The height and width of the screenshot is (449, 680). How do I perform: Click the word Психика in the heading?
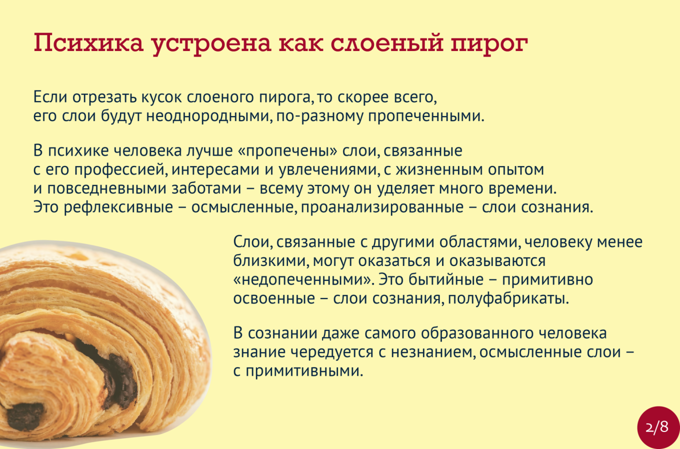click(x=88, y=43)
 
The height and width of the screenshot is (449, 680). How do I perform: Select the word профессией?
click(x=121, y=169)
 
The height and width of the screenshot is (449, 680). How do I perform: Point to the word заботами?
click(x=206, y=188)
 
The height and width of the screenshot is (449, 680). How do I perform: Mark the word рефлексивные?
click(x=118, y=207)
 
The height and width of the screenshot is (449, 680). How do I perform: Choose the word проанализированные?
click(x=382, y=207)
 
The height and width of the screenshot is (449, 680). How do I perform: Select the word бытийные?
click(x=445, y=279)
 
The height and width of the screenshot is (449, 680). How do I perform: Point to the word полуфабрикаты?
click(x=508, y=298)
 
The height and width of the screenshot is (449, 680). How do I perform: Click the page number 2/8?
click(x=657, y=427)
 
